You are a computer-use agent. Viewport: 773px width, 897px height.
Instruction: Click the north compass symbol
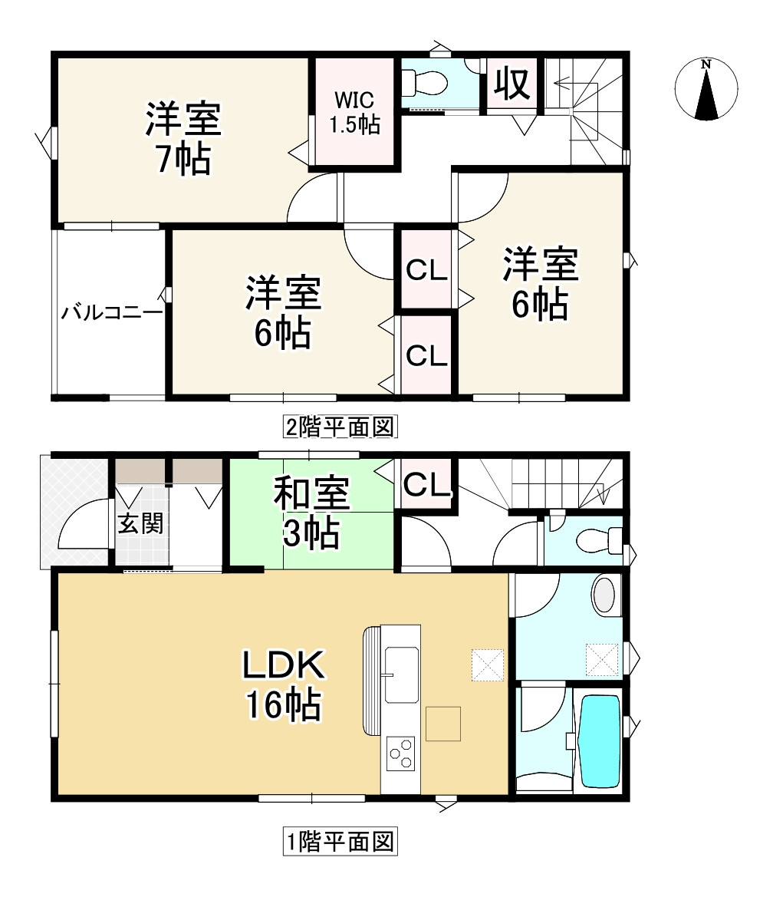click(x=706, y=90)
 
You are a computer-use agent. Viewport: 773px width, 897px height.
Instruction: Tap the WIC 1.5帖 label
click(x=354, y=112)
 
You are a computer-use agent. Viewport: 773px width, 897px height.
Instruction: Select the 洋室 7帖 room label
click(x=183, y=139)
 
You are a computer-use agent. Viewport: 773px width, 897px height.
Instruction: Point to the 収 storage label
click(x=512, y=84)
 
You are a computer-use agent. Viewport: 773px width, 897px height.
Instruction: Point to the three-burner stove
click(x=400, y=753)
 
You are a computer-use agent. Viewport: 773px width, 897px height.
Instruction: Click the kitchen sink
click(x=401, y=674)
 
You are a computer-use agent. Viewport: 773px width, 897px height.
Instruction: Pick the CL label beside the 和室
click(x=426, y=485)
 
